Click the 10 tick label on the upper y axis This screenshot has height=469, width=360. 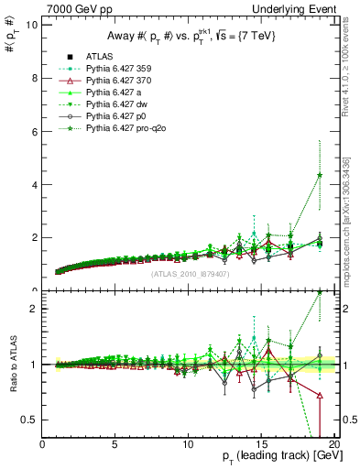pyautogui.click(x=32, y=25)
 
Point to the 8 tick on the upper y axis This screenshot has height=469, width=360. pyautogui.click(x=35, y=78)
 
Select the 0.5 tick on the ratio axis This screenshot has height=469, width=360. pyautogui.click(x=31, y=420)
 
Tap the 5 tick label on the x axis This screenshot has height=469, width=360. pyautogui.click(x=115, y=446)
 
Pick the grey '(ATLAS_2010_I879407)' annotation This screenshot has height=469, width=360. pyautogui.click(x=189, y=272)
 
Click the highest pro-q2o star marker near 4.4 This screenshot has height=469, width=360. pyautogui.click(x=319, y=175)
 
